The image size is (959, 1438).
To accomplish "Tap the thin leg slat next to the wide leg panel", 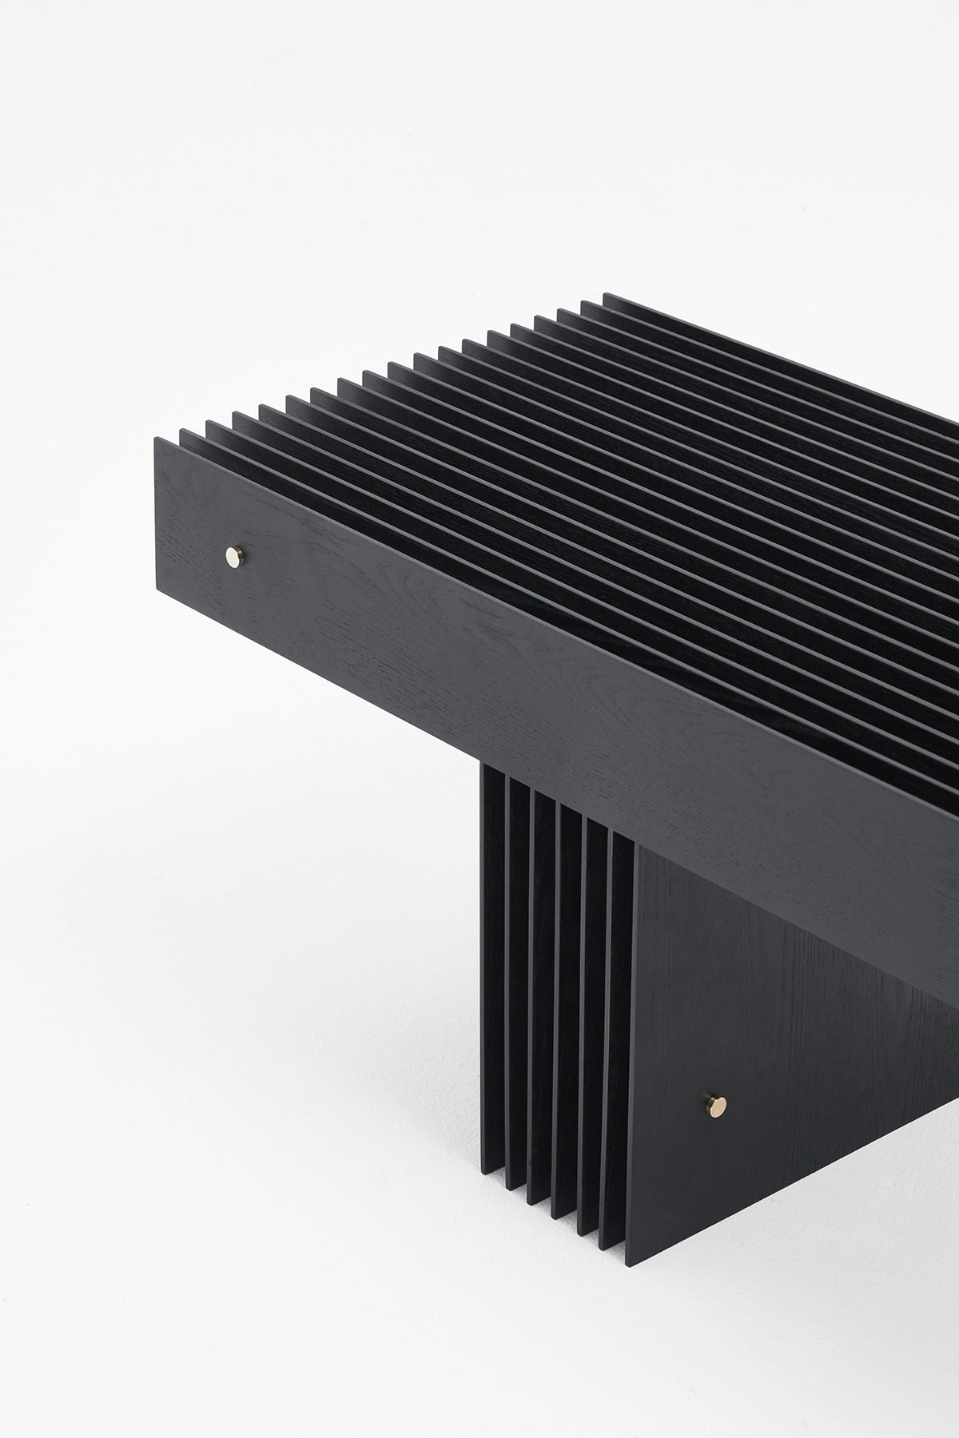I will [x=619, y=1039].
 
